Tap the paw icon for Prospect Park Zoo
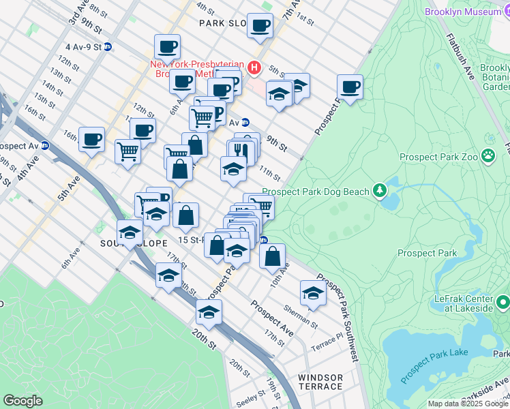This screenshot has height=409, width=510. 489,156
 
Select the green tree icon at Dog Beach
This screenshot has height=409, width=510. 380,192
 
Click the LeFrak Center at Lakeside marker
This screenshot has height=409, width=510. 503,301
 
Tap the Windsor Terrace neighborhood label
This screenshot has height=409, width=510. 320,382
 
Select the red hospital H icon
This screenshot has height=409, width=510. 254,67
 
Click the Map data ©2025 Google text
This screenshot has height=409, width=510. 468,404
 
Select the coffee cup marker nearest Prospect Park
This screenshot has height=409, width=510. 350,88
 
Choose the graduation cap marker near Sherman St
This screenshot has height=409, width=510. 313,294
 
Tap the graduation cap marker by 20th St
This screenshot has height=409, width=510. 209,312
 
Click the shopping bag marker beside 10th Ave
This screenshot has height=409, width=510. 273,257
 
